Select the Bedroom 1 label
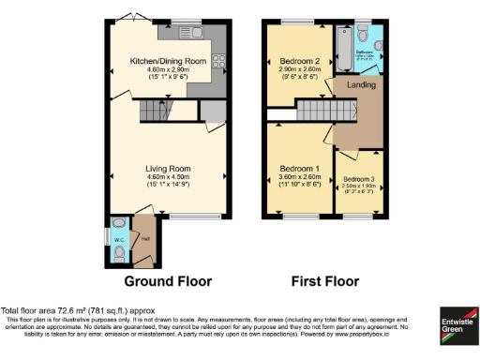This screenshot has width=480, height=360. pos(300,169)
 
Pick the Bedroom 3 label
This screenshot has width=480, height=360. pos(360,178)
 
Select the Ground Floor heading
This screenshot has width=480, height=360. pos(169,281)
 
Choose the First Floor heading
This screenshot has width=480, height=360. pos(324,281)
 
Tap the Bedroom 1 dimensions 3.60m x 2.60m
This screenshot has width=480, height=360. pos(300,177)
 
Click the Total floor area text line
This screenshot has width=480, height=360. pos(79,310)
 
